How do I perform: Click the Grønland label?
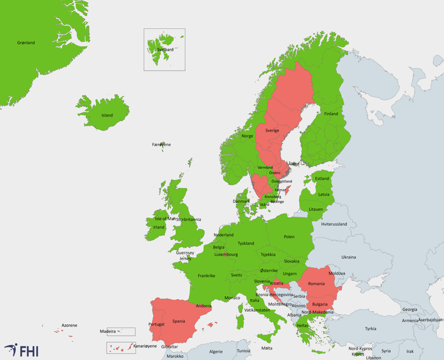(x=26, y=43)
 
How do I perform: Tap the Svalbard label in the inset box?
(x=165, y=49)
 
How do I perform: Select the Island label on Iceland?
(x=107, y=115)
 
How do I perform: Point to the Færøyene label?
(x=162, y=145)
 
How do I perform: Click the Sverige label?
(x=272, y=130)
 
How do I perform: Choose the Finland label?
(x=331, y=114)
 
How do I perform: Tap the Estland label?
(x=322, y=179)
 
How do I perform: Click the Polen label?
(x=289, y=237)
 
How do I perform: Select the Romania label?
(x=316, y=284)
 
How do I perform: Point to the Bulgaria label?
(x=320, y=304)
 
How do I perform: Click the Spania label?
(x=179, y=321)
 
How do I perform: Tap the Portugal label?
(x=157, y=324)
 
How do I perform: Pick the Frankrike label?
(x=207, y=276)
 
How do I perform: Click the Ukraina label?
(x=349, y=257)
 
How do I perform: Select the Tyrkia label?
(x=370, y=328)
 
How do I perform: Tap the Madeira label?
(x=108, y=331)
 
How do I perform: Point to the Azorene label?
(x=69, y=325)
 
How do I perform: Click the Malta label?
(x=267, y=348)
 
